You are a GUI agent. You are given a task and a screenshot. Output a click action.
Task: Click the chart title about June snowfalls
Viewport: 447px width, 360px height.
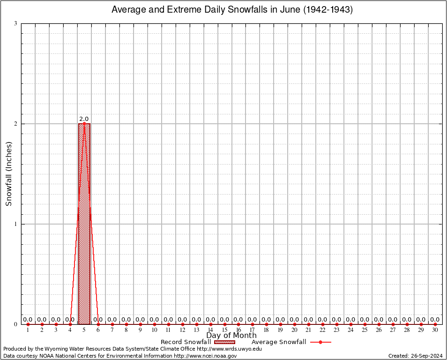(x=232, y=9)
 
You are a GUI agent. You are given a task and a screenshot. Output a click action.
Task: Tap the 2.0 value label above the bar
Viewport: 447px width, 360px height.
(x=84, y=119)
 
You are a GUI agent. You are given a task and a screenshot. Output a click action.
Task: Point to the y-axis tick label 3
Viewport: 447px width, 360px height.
(x=15, y=23)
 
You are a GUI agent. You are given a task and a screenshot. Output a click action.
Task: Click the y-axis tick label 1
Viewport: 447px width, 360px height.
(x=15, y=224)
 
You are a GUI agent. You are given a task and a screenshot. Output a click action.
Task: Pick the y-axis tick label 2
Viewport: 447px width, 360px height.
(x=15, y=124)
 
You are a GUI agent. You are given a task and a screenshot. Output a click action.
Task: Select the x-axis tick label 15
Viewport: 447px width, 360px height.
(x=224, y=330)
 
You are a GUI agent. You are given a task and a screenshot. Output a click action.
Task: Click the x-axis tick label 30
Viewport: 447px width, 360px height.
(x=435, y=330)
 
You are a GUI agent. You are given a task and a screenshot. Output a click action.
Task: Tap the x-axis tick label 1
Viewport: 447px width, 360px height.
(x=28, y=330)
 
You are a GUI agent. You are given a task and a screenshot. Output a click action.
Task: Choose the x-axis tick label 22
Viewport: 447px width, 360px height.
(x=322, y=330)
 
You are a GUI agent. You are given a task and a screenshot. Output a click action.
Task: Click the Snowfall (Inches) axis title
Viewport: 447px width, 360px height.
(x=9, y=173)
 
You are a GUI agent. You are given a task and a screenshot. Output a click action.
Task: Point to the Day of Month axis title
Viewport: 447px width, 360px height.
(x=231, y=336)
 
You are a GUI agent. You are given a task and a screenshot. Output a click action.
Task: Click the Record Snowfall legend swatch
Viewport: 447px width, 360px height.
(x=224, y=342)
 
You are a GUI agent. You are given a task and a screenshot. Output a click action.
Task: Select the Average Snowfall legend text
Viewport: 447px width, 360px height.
(x=279, y=342)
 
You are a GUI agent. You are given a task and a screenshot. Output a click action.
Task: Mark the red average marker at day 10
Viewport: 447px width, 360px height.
(x=154, y=324)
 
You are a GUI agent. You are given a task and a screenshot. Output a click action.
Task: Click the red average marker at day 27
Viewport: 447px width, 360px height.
(x=393, y=324)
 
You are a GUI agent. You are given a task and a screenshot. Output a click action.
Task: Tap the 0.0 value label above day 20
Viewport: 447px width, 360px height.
(x=294, y=320)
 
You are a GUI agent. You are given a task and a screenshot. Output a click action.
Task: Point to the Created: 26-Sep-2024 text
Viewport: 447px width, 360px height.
(x=415, y=356)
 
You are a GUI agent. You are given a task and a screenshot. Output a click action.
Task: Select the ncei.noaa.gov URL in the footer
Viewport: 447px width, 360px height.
(x=205, y=356)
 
